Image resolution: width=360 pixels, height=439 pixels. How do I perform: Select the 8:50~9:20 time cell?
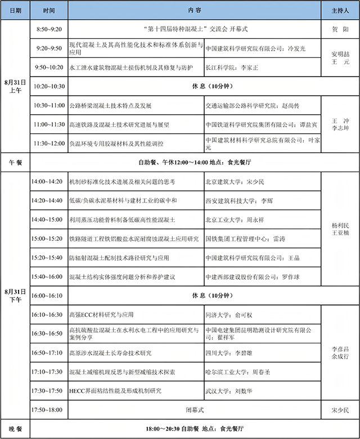pos(49,28)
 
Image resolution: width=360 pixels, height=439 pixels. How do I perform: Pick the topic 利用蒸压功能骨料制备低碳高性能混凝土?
pos(121,219)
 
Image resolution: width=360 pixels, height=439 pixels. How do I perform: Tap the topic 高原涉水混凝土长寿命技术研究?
pos(110,353)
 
